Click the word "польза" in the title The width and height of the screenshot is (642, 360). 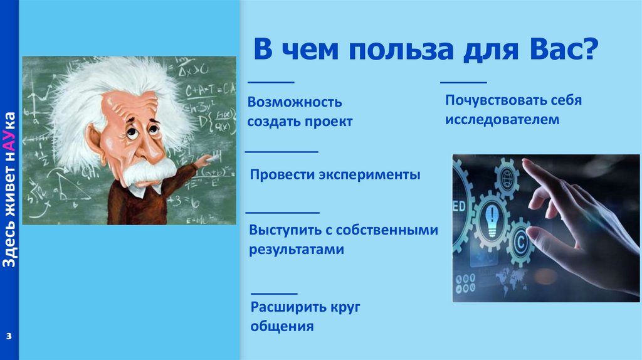pos(401,49)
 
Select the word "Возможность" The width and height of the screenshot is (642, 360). pos(295,102)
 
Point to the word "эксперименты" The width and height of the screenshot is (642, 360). pos(369,174)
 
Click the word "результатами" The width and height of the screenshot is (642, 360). pos(297,250)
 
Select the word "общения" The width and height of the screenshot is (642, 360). pos(282,326)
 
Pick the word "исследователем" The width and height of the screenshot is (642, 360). pos(502,120)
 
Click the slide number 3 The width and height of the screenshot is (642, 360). pos(9,337)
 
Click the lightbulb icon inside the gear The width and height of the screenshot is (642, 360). pos(491,220)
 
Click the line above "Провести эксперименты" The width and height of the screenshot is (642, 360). pos(282,152)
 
